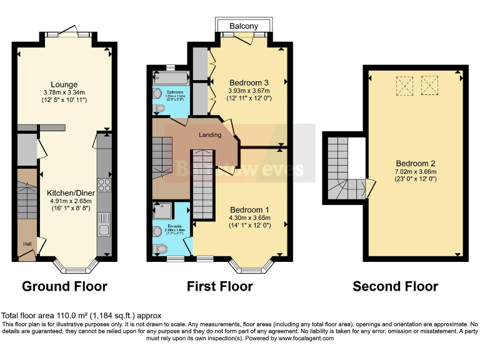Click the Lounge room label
[x=64, y=84]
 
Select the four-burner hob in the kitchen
[x=104, y=186]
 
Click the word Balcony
[x=244, y=26]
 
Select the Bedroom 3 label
[x=249, y=82]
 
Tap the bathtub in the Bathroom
[x=169, y=79]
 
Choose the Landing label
[x=210, y=135]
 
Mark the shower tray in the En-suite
[x=164, y=211]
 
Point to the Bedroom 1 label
[x=249, y=209]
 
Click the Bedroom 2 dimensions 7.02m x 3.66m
[x=415, y=172]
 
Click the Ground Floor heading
[x=64, y=287]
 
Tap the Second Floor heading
[x=395, y=287]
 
